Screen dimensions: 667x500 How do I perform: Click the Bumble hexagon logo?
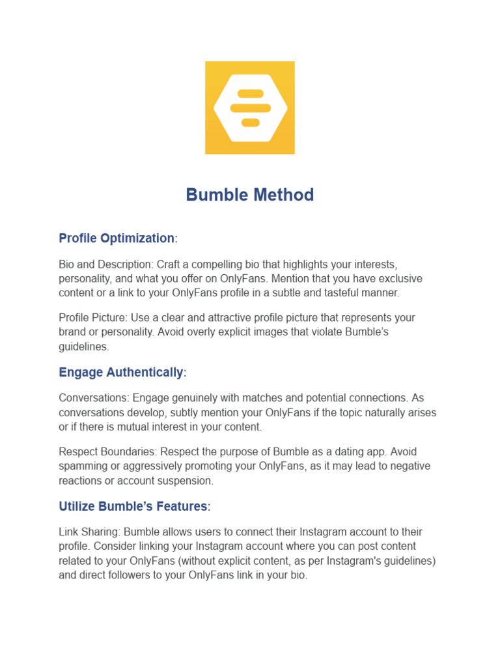coord(250,107)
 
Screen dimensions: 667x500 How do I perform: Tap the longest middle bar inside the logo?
coord(250,108)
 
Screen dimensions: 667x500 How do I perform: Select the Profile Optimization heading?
coord(117,238)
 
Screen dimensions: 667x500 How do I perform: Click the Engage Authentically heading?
coord(121,373)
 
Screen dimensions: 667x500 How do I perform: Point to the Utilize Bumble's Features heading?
coord(133,506)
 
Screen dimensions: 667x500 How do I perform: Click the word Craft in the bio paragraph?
coord(170,264)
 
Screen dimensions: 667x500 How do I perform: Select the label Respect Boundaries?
coord(108,452)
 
